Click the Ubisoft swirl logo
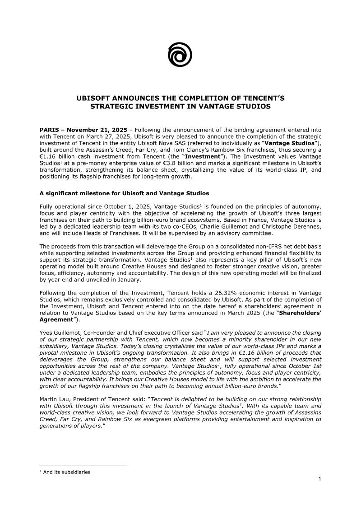tap(180, 55)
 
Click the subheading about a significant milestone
tap(124, 193)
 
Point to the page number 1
tap(319, 479)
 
